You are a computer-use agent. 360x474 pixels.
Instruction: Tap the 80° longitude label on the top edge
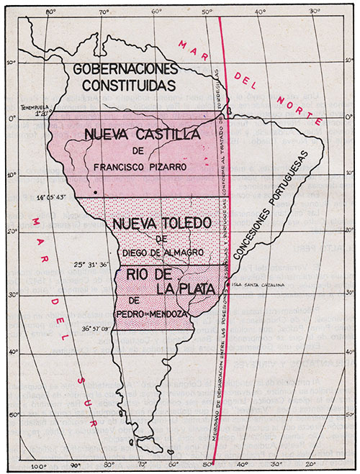point(50,12)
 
